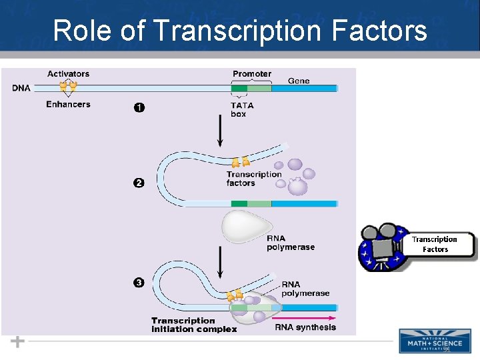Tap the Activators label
[68, 74]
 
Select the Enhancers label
[68, 104]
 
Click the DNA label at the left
[21, 88]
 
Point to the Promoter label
[251, 74]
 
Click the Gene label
[299, 81]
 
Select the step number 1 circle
[139, 107]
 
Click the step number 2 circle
[139, 183]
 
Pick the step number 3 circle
[139, 283]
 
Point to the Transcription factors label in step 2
[253, 179]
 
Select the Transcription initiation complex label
[193, 325]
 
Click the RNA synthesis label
[305, 327]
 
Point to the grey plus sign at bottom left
[18, 341]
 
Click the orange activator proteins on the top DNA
[68, 86]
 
